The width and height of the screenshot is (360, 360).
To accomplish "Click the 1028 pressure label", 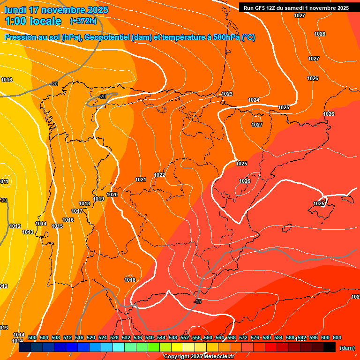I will (x=320, y=34).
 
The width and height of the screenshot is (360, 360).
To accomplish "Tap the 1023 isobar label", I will (x=227, y=94).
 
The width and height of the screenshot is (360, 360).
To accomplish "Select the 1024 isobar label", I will (x=254, y=100).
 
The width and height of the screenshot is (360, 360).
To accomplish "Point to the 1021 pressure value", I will (x=141, y=180).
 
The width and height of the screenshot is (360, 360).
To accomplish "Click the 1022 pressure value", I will (x=159, y=175).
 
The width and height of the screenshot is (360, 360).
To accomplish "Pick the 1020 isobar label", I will (x=112, y=195).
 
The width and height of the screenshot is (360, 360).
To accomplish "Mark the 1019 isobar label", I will (x=98, y=199).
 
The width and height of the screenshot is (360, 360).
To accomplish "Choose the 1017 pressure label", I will (x=77, y=211).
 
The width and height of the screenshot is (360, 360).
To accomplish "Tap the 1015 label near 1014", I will (x=57, y=226).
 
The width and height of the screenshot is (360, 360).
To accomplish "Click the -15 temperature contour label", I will (x=197, y=301).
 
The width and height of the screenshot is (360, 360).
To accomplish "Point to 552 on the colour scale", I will (x=185, y=337).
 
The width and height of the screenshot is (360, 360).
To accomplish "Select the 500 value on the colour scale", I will (x=32, y=337).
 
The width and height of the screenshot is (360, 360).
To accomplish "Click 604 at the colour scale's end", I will (x=337, y=337).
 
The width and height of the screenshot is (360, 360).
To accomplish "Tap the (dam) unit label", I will (x=347, y=348).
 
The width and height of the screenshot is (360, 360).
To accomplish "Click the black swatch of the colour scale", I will (x=330, y=347).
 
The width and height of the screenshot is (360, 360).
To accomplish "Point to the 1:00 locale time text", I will (x=33, y=21).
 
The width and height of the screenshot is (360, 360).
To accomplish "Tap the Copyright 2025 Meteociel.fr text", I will (x=199, y=357).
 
